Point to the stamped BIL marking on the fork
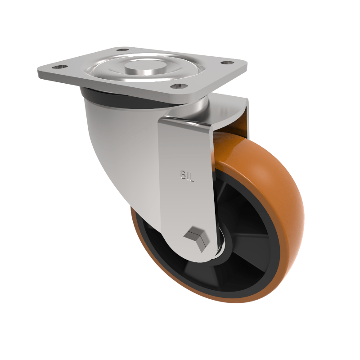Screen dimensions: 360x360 click(187, 175)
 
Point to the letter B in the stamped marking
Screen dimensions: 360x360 click(183, 175)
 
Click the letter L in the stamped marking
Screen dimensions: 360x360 click(191, 177)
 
